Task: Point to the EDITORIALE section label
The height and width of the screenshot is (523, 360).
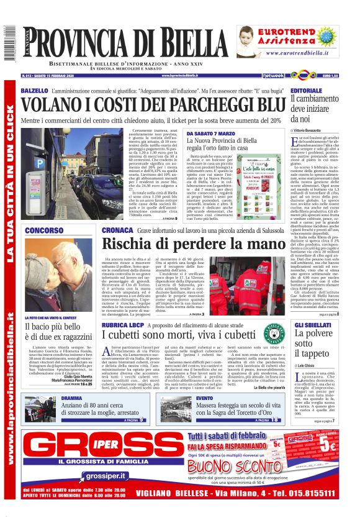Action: click(310, 91)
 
